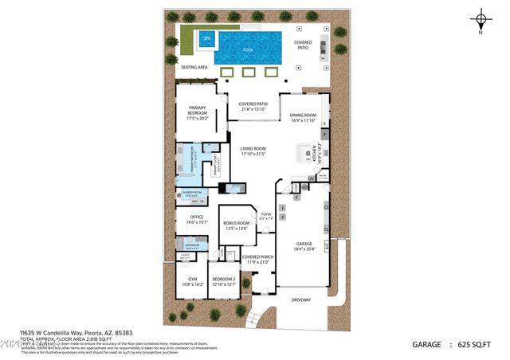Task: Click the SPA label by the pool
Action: point(206,37)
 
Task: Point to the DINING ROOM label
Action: point(303,115)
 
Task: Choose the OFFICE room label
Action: point(197,217)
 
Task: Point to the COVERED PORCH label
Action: point(258,256)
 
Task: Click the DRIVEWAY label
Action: point(301,299)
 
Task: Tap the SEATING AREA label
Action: point(194,68)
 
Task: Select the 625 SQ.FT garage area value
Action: point(476,345)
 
